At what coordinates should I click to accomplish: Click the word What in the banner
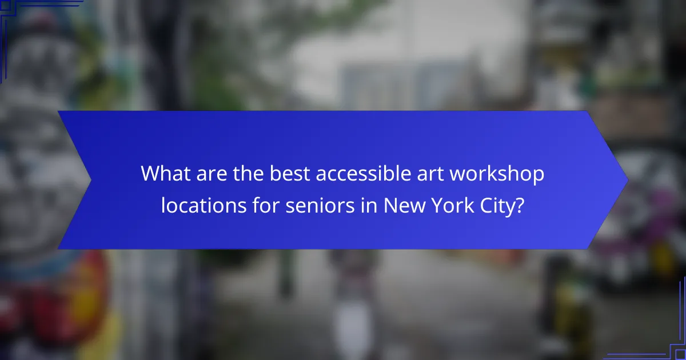166,173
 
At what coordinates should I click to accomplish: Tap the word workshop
496,173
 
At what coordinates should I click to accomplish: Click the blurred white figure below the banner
349,309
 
